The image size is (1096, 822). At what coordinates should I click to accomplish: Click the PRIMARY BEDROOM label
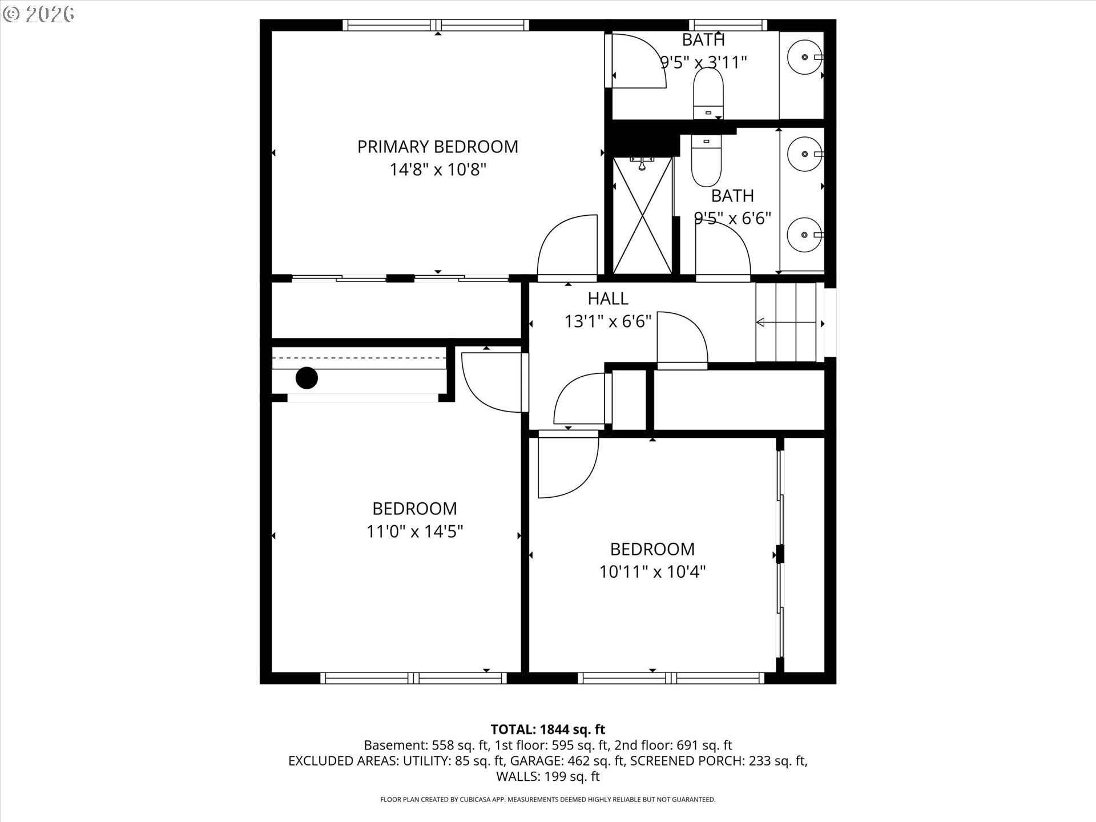click(437, 147)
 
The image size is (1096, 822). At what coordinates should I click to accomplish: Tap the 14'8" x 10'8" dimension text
click(437, 170)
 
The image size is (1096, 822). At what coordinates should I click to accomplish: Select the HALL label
click(608, 299)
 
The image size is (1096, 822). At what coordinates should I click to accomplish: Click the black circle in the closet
click(307, 378)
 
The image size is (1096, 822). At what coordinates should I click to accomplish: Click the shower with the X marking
click(642, 216)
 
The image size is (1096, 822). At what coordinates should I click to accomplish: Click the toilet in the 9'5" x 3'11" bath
click(708, 94)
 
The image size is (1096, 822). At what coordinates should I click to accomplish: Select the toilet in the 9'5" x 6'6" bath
click(706, 161)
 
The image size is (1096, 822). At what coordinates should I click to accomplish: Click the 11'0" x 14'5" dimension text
click(414, 532)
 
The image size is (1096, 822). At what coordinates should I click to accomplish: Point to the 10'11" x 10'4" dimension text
click(652, 572)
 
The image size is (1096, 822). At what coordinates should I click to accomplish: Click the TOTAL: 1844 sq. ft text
click(547, 730)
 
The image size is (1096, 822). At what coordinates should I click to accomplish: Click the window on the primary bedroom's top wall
click(436, 25)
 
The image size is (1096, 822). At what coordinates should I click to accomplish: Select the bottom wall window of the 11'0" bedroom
click(413, 678)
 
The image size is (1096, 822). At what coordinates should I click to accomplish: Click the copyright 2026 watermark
click(39, 14)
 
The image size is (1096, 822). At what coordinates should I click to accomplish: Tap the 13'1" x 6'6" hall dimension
click(607, 321)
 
